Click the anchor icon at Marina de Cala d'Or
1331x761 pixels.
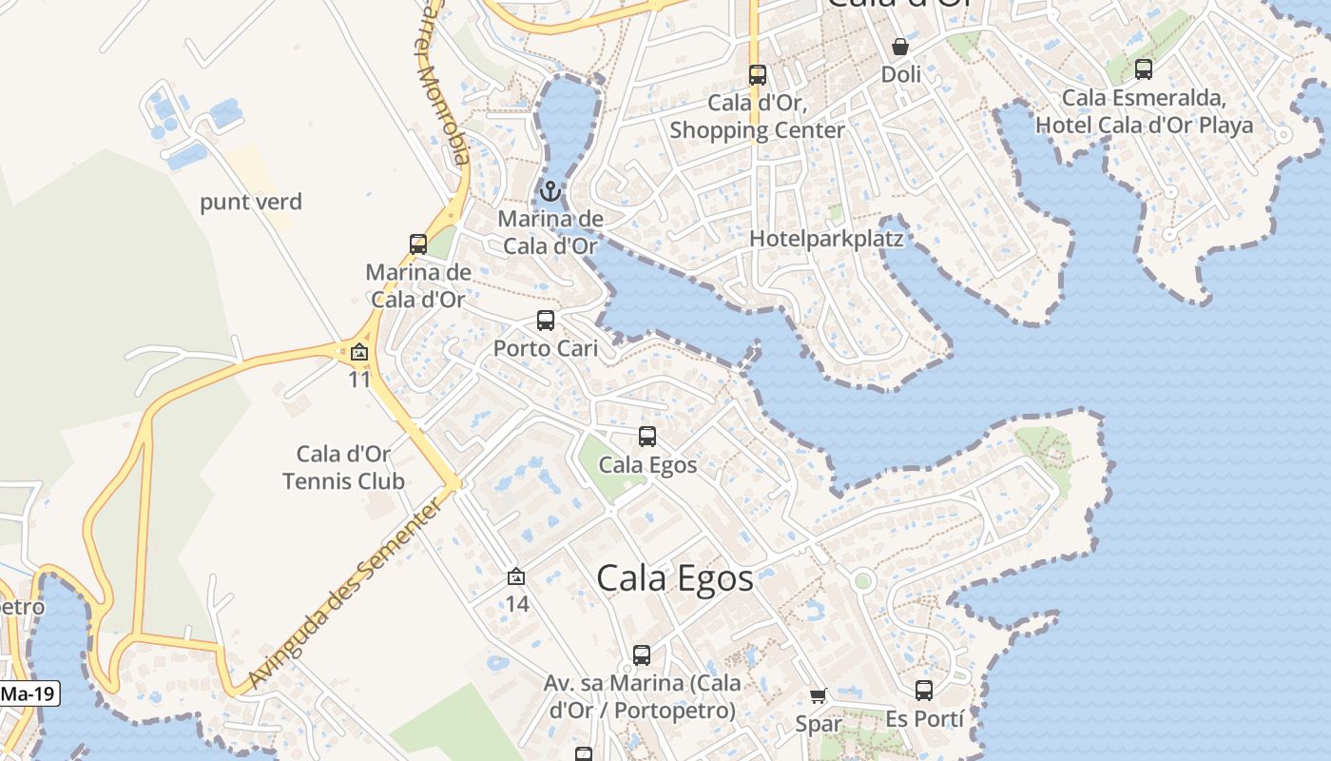(x=550, y=192)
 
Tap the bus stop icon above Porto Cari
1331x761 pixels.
(x=545, y=321)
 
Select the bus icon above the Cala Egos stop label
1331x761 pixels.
(x=647, y=437)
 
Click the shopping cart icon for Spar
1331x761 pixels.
(x=819, y=696)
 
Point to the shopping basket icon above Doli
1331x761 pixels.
(x=899, y=46)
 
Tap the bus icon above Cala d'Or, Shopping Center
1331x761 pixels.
(x=757, y=75)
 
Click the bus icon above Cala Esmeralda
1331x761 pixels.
(x=1144, y=69)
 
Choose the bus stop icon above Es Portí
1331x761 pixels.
(x=924, y=691)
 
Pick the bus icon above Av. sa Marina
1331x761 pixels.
(x=642, y=655)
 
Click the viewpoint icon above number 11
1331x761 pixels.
(x=358, y=353)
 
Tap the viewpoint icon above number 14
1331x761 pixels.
(x=516, y=576)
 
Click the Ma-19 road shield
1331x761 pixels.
(x=28, y=693)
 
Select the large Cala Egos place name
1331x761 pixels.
(x=675, y=577)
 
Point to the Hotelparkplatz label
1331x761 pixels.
(x=826, y=238)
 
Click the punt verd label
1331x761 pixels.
(x=251, y=202)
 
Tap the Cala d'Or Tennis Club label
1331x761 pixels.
(x=344, y=468)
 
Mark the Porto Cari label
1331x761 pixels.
(x=546, y=348)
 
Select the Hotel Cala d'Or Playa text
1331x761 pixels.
(x=1145, y=125)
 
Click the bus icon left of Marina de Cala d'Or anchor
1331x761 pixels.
(x=418, y=244)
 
